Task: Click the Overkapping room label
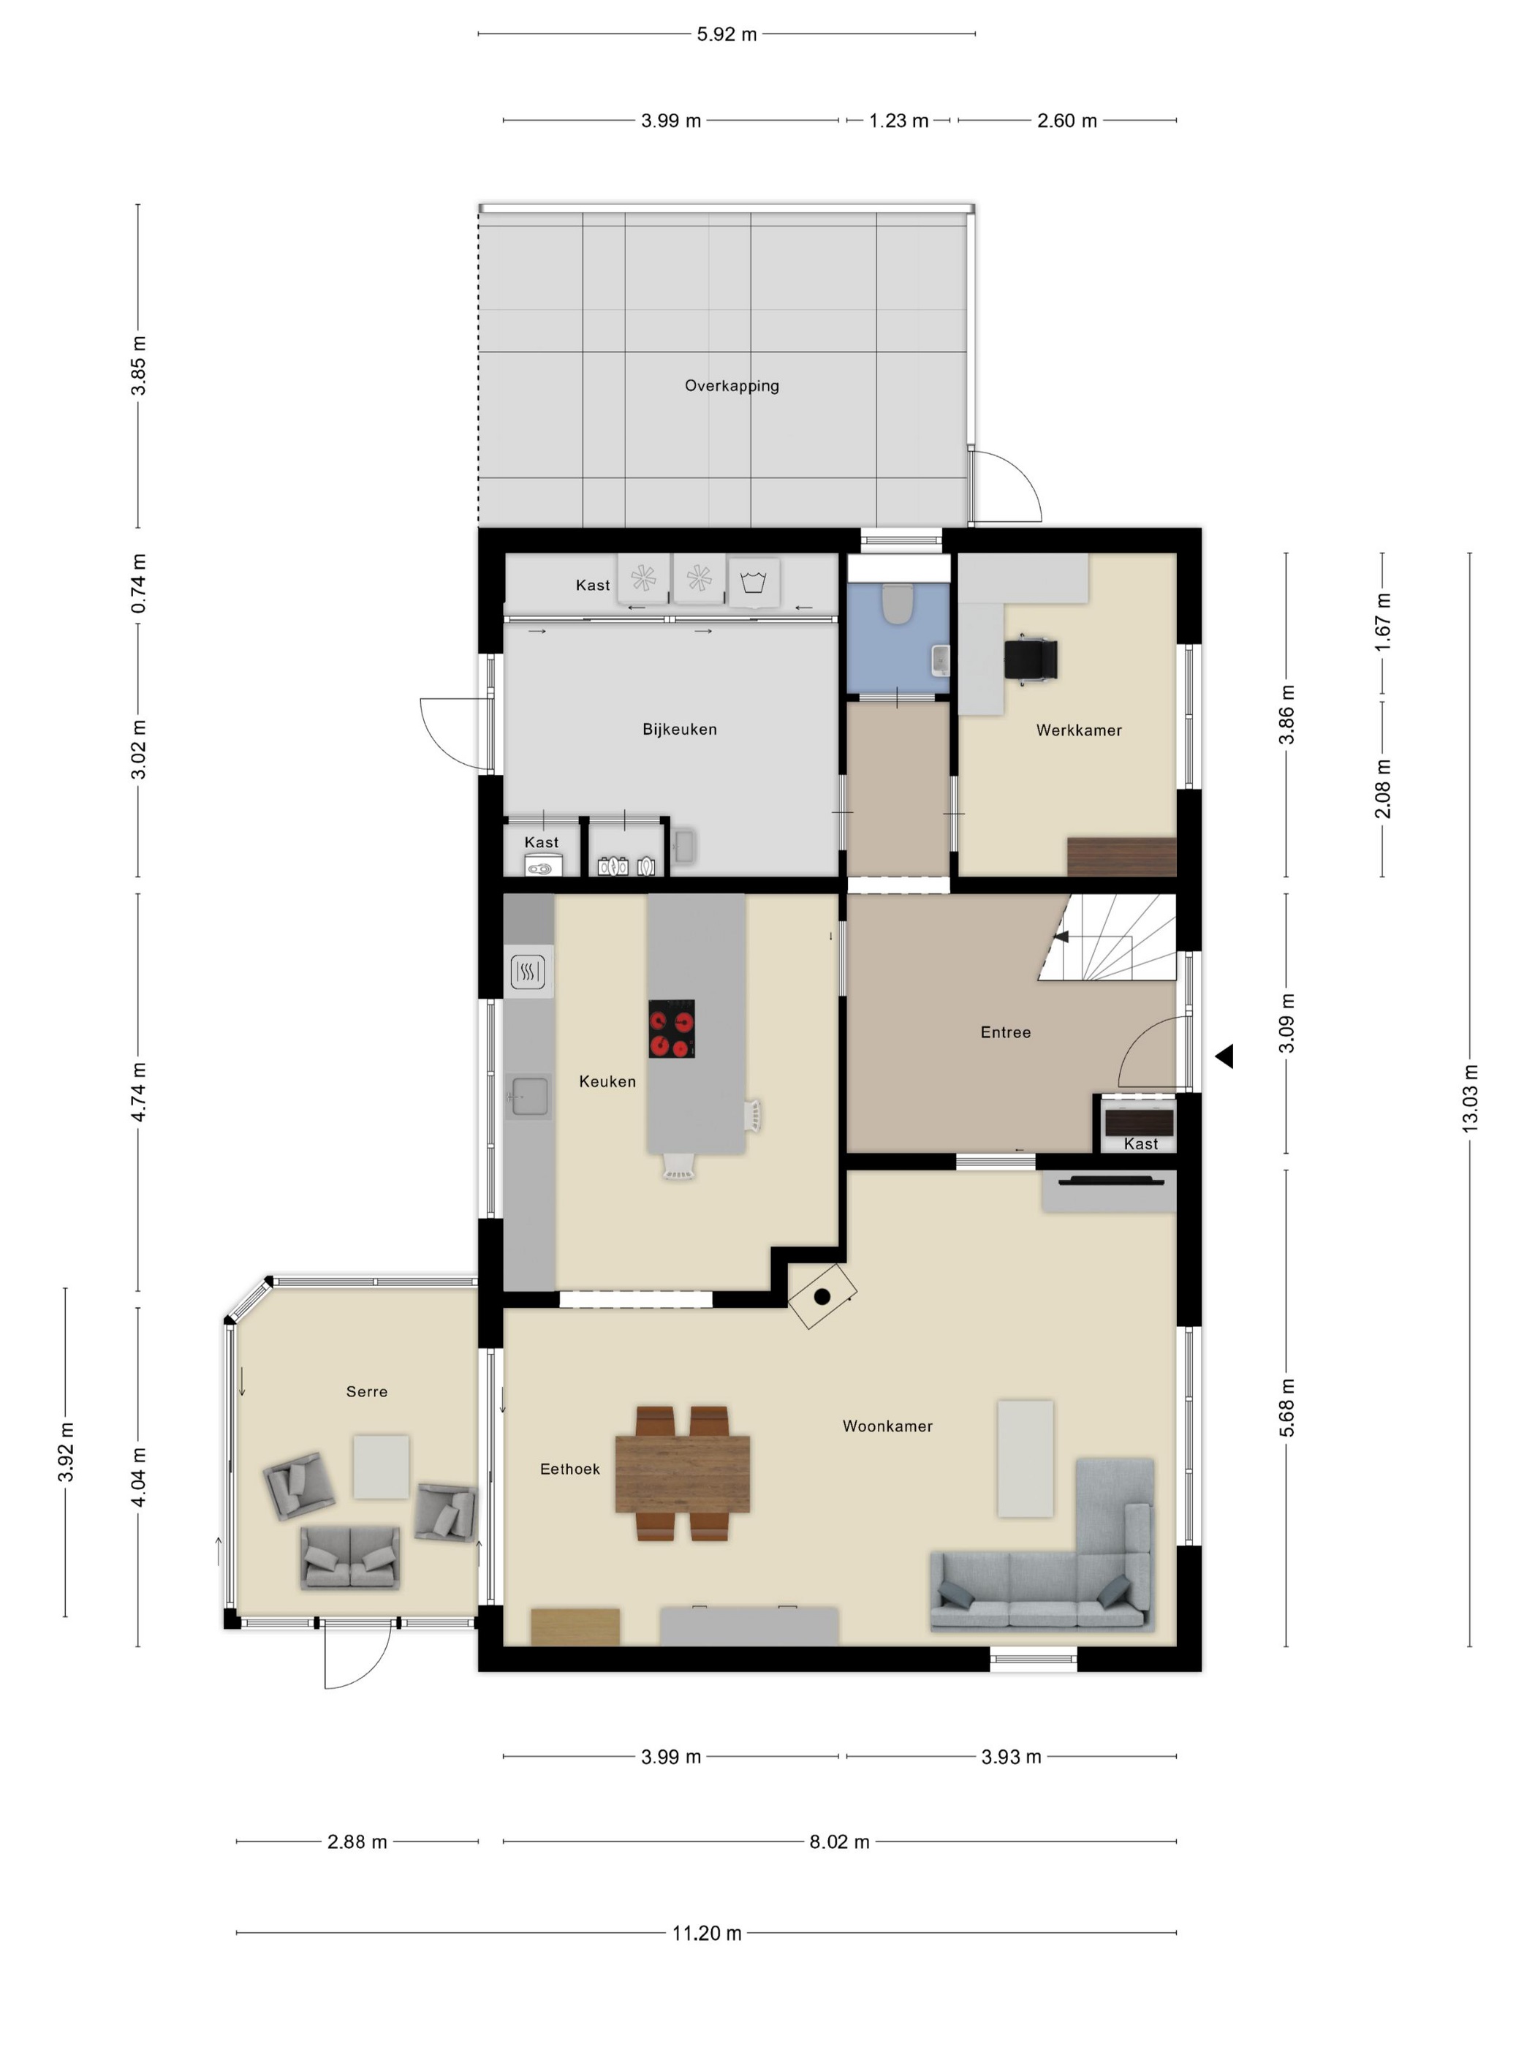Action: [x=731, y=386]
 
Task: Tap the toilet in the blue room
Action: [x=897, y=602]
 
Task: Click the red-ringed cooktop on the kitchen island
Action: [x=671, y=1028]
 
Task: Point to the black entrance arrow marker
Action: [x=1224, y=1056]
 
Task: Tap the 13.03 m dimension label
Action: [x=1469, y=1099]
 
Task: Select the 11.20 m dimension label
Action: [x=707, y=1933]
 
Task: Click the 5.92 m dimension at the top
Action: [x=727, y=34]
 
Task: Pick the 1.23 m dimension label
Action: [x=898, y=121]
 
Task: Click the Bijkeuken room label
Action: [x=679, y=729]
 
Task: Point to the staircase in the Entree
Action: [x=1107, y=937]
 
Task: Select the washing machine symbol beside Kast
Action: [x=753, y=582]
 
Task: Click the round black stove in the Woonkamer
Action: [x=822, y=1296]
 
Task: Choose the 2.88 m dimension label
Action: [x=357, y=1842]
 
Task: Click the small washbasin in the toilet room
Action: [x=940, y=661]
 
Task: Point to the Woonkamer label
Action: [x=887, y=1426]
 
